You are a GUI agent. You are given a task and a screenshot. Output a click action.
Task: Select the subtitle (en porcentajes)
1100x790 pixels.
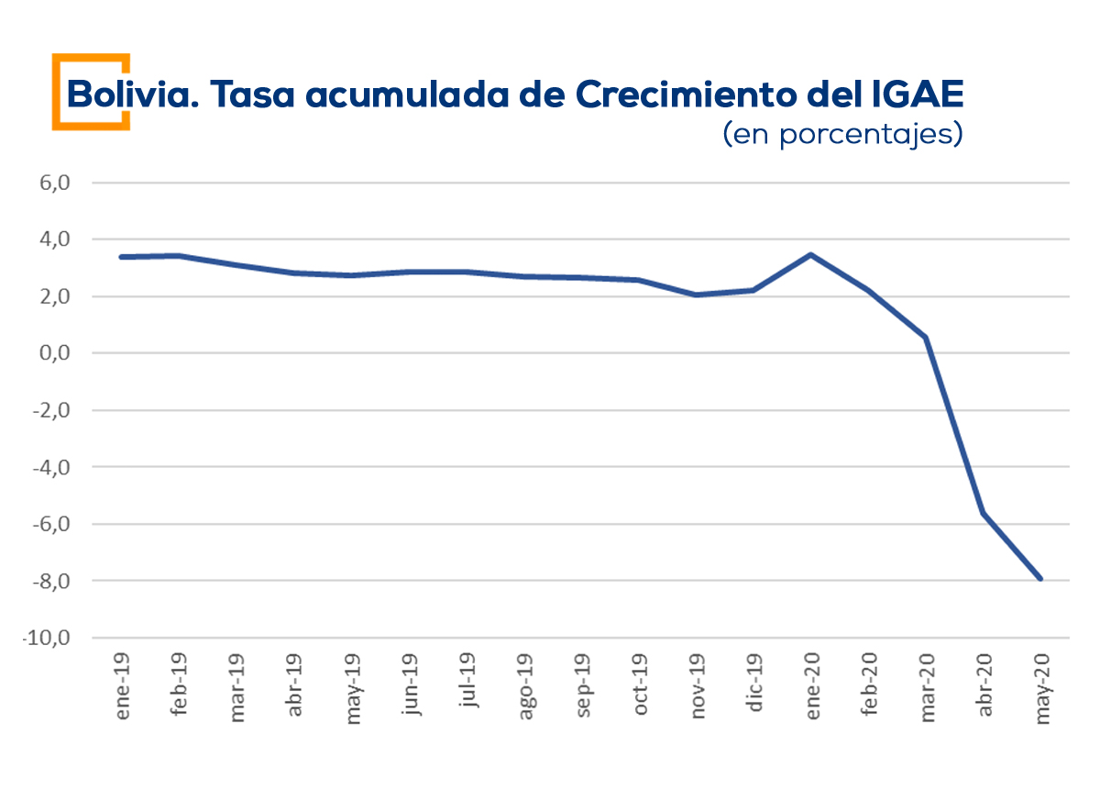pos(842,135)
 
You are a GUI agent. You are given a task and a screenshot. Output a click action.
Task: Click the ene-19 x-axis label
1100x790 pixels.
pos(123,686)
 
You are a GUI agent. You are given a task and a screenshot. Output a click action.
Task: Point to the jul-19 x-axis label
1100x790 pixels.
pos(467,684)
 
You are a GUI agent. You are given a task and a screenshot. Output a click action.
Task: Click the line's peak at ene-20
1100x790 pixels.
pos(811,254)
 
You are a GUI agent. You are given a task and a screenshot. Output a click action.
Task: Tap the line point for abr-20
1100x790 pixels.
pos(984,512)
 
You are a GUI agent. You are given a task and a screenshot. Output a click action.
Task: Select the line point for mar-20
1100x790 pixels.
pos(926,338)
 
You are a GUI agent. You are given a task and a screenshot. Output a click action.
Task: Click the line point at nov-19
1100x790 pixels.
pos(697,295)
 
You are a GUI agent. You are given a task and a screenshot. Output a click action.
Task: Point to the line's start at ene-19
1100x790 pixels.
pos(123,257)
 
